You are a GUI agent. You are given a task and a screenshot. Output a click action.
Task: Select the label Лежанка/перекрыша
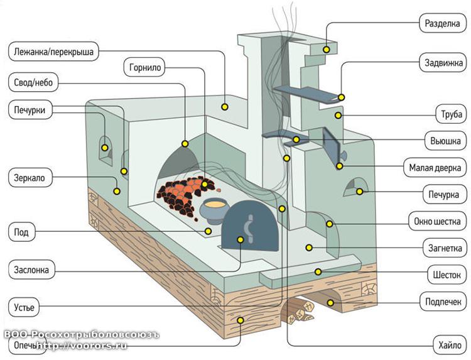pyautogui.click(x=53, y=52)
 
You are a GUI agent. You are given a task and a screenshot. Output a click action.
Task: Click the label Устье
pyautogui.click(x=25, y=308)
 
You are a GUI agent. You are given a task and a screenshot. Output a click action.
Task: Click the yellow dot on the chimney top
pyautogui.click(x=327, y=49)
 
